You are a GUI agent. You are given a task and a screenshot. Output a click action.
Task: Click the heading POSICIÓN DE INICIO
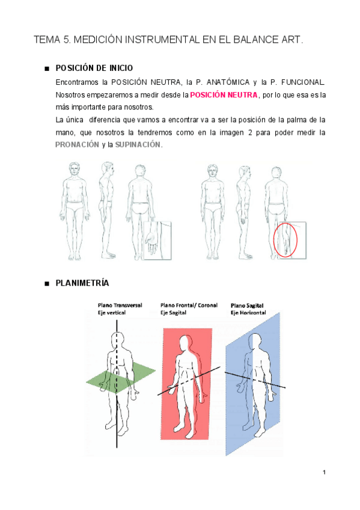click(94, 67)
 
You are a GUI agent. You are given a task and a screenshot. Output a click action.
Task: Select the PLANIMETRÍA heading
click(82, 283)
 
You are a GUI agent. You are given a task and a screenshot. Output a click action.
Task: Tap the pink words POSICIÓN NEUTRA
click(224, 95)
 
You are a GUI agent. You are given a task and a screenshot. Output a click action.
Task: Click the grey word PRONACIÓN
click(77, 145)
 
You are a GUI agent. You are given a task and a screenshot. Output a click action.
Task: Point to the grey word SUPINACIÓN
click(138, 145)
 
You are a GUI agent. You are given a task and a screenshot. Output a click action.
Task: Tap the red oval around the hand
click(285, 239)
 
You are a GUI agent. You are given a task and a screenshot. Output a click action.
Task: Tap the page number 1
click(323, 473)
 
